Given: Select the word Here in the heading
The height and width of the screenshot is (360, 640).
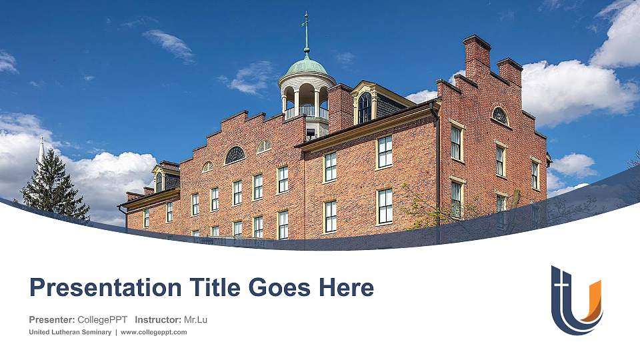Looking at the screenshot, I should click(x=346, y=288).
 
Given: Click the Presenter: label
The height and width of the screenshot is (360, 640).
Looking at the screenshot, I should click(x=52, y=319).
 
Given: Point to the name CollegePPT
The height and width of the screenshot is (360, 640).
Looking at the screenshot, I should click(x=103, y=319).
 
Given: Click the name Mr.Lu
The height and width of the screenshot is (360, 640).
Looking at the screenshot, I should click(x=195, y=319).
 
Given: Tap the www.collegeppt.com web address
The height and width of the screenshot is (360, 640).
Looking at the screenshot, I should click(x=153, y=332).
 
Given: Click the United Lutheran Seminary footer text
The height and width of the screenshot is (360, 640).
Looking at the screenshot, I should click(x=70, y=332).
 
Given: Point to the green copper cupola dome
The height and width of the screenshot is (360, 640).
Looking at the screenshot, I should click(x=307, y=67).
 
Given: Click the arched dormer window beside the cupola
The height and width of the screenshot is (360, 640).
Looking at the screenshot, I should click(x=365, y=107).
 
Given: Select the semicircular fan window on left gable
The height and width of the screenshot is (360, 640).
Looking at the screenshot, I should click(x=235, y=155).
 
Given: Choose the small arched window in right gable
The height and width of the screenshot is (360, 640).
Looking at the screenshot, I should click(x=499, y=115).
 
